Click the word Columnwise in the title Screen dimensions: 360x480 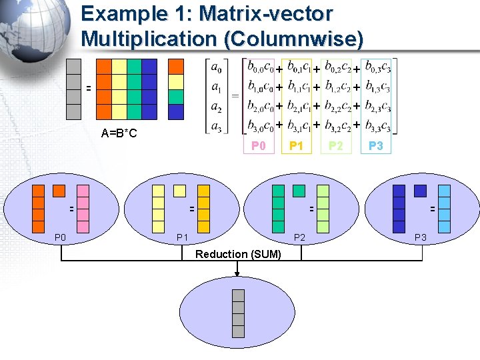pyautogui.click(x=294, y=39)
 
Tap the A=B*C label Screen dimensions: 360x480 pyautogui.click(x=119, y=133)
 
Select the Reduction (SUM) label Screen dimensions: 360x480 pyautogui.click(x=238, y=255)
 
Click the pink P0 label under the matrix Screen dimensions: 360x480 pyautogui.click(x=258, y=146)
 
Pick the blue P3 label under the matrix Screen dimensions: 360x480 pyautogui.click(x=376, y=146)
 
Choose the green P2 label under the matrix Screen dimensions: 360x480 pyautogui.click(x=336, y=146)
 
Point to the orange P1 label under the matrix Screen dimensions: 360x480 pyautogui.click(x=296, y=146)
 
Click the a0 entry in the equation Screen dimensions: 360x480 pyautogui.click(x=217, y=67)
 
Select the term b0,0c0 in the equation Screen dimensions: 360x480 pyautogui.click(x=260, y=67)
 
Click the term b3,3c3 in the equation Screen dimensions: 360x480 pyautogui.click(x=378, y=125)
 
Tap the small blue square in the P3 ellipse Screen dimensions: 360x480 pyautogui.click(x=419, y=191)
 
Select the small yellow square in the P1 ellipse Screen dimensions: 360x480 pyautogui.click(x=179, y=191)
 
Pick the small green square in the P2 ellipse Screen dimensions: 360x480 pyautogui.click(x=299, y=191)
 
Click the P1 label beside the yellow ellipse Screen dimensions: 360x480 pyautogui.click(x=182, y=237)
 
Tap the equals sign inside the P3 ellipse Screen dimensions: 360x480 pyautogui.click(x=431, y=209)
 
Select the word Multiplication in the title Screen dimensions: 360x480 pyautogui.click(x=150, y=39)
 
